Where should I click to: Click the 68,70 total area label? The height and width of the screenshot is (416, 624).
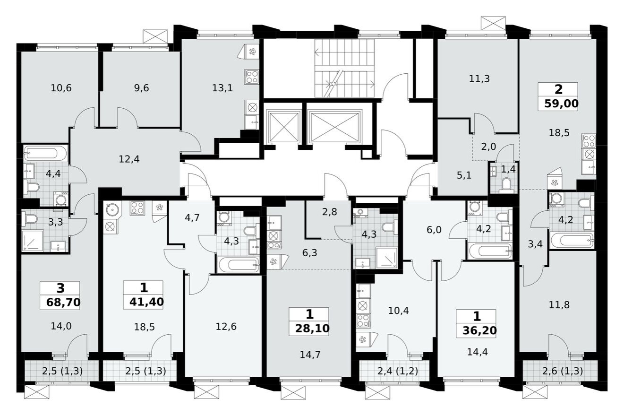pyautogui.click(x=60, y=302)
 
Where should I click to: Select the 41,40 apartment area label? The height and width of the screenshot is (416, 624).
pyautogui.click(x=143, y=301)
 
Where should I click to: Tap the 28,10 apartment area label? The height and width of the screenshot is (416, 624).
pyautogui.click(x=309, y=328)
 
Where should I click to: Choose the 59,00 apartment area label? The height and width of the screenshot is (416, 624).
pyautogui.click(x=558, y=104)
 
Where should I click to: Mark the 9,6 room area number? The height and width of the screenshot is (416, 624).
pyautogui.click(x=141, y=87)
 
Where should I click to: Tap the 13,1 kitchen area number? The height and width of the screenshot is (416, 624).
pyautogui.click(x=222, y=87)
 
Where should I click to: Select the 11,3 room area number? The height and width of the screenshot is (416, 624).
pyautogui.click(x=479, y=79)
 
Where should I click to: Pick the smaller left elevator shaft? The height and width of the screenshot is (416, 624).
pyautogui.click(x=284, y=127)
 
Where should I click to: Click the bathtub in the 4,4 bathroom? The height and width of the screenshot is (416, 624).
pyautogui.click(x=46, y=153)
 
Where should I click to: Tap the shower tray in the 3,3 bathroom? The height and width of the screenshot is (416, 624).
pyautogui.click(x=33, y=241)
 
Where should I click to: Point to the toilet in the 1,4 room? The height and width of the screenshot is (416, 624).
pyautogui.click(x=506, y=184)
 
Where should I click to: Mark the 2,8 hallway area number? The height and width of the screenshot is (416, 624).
pyautogui.click(x=329, y=212)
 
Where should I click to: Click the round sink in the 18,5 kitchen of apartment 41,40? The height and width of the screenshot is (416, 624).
pyautogui.click(x=112, y=210)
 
